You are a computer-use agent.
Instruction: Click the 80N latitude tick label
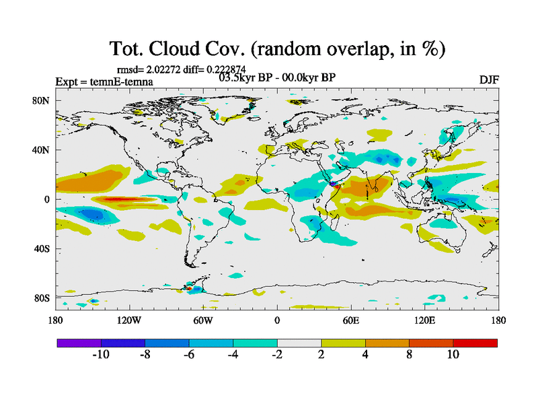coord(42,100)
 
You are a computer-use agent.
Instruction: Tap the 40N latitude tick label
coord(42,149)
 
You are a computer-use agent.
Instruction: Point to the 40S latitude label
coord(42,248)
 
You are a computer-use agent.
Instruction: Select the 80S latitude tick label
coord(42,298)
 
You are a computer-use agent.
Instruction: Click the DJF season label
coord(488,79)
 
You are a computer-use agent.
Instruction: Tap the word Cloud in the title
coord(184,48)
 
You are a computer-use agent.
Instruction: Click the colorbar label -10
coord(101,354)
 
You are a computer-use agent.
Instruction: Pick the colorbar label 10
coord(453,354)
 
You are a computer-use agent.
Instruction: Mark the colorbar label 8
coord(409,354)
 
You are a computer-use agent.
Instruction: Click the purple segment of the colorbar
coord(79,343)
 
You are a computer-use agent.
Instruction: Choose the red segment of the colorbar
coord(475,343)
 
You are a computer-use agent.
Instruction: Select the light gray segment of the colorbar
coord(299,343)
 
